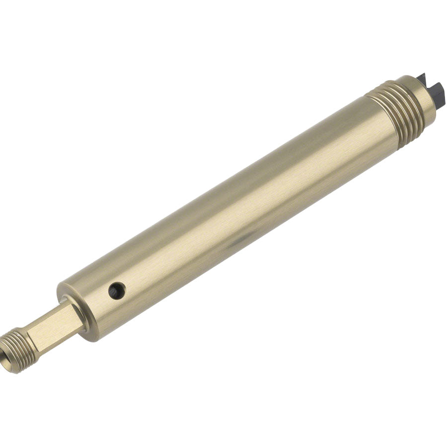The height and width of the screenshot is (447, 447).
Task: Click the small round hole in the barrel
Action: pyautogui.click(x=117, y=291)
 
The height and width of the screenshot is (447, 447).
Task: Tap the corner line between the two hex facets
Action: pyautogui.click(x=50, y=323)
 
